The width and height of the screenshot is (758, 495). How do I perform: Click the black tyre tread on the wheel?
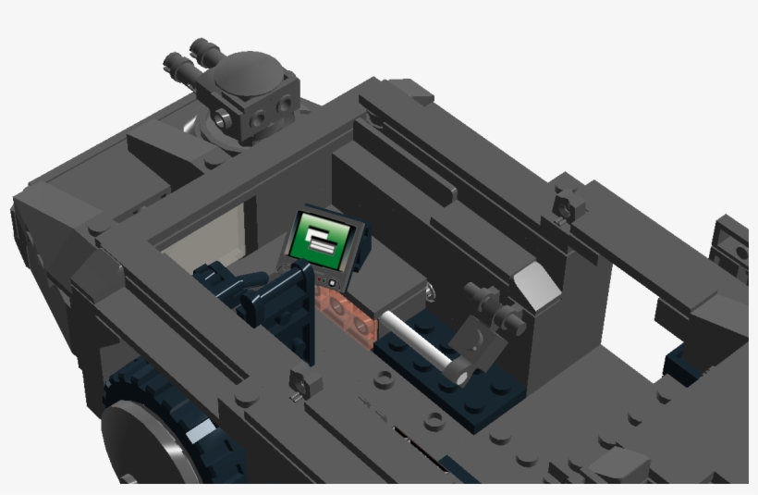tap(129, 389)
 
